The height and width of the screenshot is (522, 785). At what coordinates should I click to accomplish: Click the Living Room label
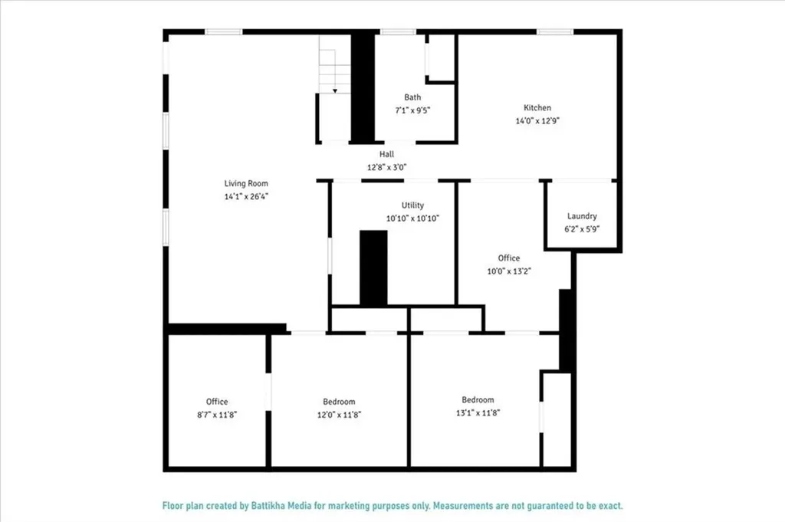click(246, 183)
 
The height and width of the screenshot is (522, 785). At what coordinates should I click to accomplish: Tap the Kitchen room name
click(537, 108)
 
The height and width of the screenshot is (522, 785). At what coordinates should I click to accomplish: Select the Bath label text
click(412, 97)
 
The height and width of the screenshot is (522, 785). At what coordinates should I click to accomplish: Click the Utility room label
click(412, 205)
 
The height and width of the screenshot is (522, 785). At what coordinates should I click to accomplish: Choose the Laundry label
click(582, 216)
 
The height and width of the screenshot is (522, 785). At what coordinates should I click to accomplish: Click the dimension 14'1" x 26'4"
click(246, 196)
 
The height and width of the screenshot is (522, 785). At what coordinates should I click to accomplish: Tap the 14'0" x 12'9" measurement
click(537, 120)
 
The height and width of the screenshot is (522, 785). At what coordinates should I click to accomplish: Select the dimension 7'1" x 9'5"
click(412, 110)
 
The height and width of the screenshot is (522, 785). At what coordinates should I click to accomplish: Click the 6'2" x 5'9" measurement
click(582, 228)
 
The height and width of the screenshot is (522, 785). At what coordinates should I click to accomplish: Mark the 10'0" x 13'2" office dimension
click(508, 271)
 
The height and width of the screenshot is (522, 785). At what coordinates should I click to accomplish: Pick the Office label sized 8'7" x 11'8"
click(217, 402)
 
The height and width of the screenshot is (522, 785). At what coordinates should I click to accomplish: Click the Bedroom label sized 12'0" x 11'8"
click(339, 402)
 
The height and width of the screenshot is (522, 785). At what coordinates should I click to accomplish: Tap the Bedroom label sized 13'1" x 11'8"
click(478, 399)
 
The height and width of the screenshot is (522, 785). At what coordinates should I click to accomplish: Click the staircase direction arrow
click(335, 90)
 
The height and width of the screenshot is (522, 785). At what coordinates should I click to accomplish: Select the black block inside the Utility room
click(373, 268)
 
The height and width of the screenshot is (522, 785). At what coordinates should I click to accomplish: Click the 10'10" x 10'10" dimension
click(412, 218)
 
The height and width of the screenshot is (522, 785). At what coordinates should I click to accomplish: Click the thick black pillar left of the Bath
click(363, 86)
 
